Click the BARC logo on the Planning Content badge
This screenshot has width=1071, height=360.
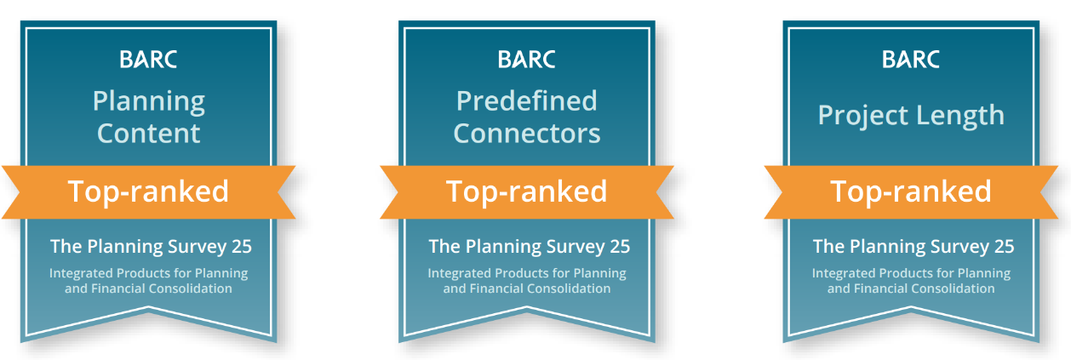(x=148, y=60)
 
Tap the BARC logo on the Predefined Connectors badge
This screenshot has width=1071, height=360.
(x=526, y=60)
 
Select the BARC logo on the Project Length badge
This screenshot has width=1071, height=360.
(x=911, y=60)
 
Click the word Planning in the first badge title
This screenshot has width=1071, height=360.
(x=149, y=102)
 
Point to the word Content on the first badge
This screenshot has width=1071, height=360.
(x=148, y=133)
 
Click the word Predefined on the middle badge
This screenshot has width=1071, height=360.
(x=526, y=101)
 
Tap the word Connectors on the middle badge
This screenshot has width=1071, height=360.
(x=526, y=133)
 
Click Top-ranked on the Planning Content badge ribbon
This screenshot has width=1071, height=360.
(x=148, y=191)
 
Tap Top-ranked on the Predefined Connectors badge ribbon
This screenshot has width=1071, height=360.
(x=526, y=191)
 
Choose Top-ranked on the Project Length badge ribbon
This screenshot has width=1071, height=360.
(x=911, y=191)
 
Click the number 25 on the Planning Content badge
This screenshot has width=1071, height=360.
(x=242, y=247)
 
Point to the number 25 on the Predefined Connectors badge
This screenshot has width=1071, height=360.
(x=620, y=247)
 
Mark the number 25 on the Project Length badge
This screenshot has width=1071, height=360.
(x=1004, y=247)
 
